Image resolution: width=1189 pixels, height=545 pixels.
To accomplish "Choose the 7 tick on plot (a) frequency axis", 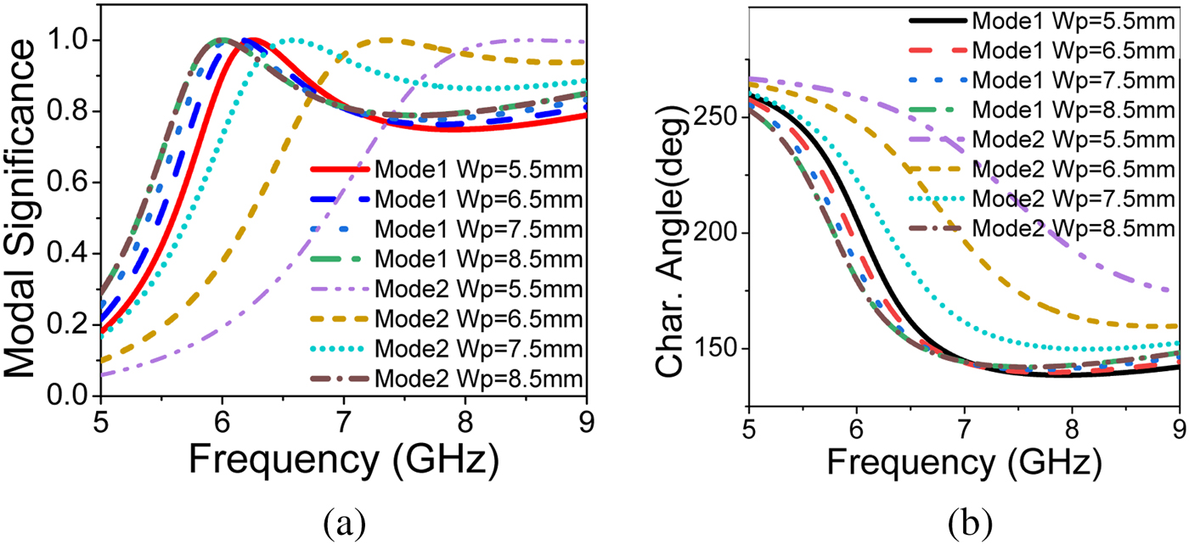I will pyautogui.click(x=343, y=423).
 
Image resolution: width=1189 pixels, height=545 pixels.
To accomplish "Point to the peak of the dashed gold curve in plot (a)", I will pyautogui.click(x=386, y=40).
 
